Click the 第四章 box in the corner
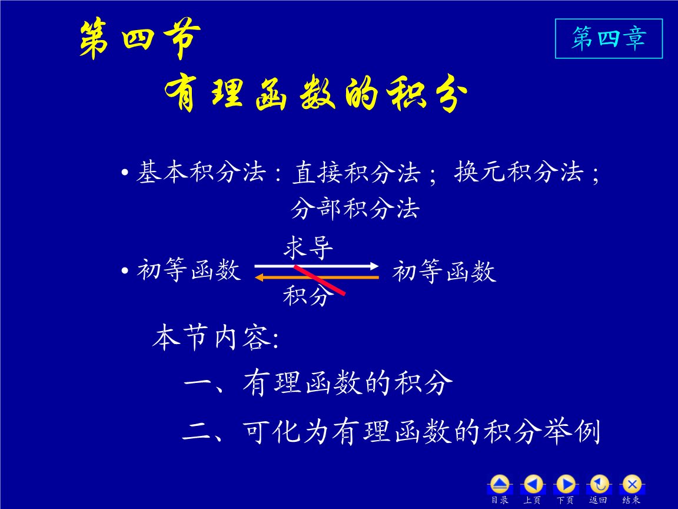609,38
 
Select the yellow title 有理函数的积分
316,95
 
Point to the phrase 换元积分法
519,173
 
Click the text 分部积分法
355,209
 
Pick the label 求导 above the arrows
308,249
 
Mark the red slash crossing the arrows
320,280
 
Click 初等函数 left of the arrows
188,272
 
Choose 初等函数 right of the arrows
444,272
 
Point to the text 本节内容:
215,339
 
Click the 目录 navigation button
500,485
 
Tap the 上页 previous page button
533,485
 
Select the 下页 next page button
565,485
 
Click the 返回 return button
599,485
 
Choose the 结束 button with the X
632,485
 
